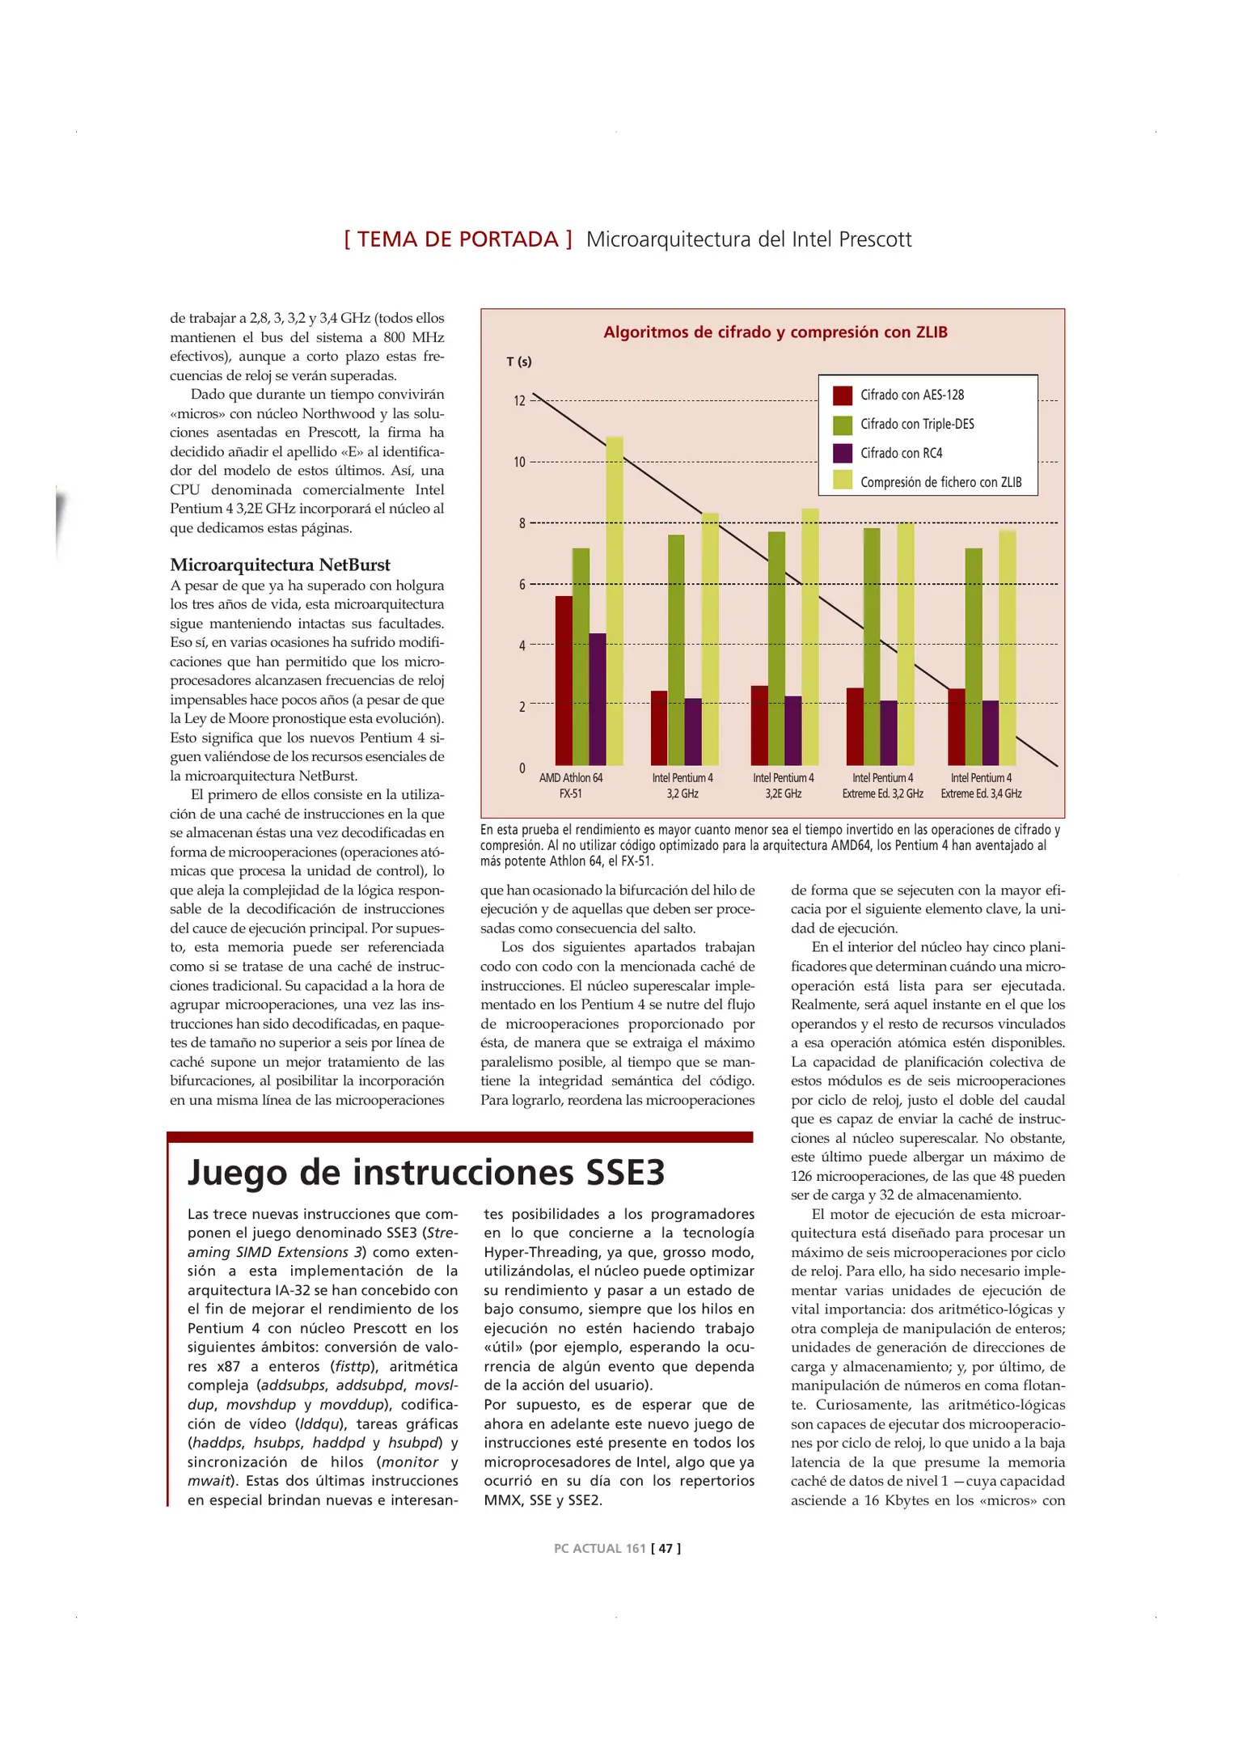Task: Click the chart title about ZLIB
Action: [x=775, y=332]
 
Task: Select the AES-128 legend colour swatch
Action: [x=842, y=396]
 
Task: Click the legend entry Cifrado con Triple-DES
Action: [x=916, y=425]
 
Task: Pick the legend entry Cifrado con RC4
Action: [x=900, y=454]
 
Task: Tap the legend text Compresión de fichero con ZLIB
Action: [x=940, y=483]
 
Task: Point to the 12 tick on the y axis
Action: [x=519, y=401]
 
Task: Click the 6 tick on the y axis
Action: [x=522, y=585]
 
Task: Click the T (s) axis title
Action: [x=518, y=362]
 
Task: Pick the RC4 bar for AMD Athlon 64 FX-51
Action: [x=598, y=700]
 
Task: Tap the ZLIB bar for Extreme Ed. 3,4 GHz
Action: [x=1007, y=647]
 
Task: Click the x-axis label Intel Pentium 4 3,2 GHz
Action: [x=683, y=785]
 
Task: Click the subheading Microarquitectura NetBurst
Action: [x=280, y=565]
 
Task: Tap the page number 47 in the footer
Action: [x=666, y=1548]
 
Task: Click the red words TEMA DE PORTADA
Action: [x=458, y=239]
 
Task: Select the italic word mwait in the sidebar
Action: [x=208, y=1481]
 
